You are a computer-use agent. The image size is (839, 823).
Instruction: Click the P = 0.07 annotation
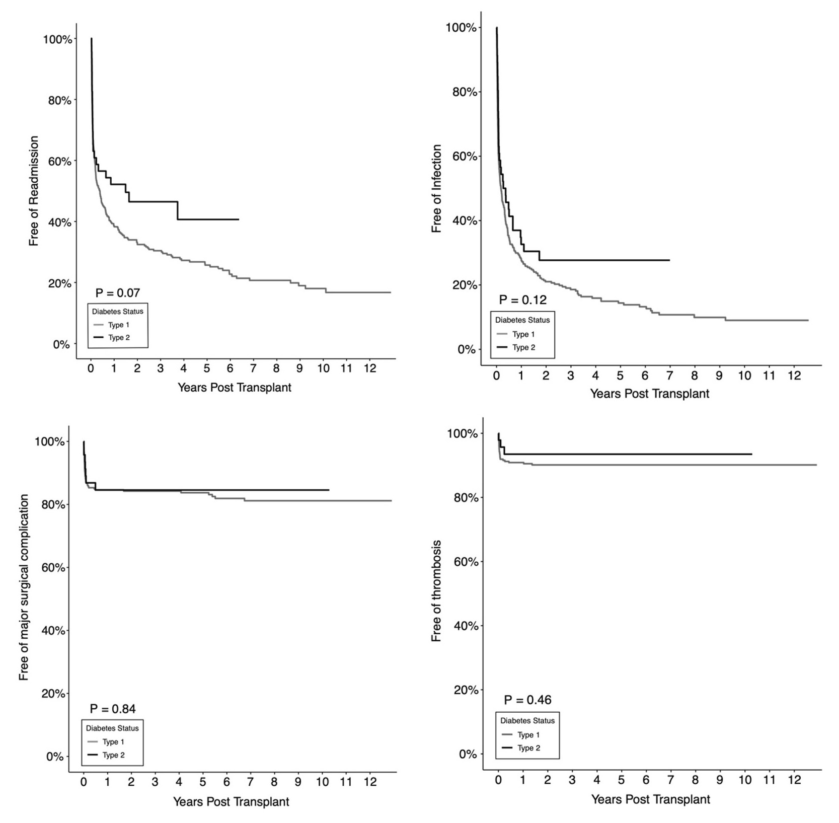[118, 293]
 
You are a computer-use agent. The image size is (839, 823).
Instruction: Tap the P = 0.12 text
[522, 300]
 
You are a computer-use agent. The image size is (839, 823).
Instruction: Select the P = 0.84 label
[113, 709]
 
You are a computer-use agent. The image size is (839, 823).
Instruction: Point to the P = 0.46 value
[527, 700]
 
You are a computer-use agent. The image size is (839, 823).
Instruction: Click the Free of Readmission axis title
[34, 191]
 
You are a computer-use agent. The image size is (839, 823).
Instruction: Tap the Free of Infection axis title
[436, 189]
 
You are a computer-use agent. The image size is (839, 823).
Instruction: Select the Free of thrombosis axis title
[436, 591]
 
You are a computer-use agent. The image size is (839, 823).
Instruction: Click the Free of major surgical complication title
[24, 587]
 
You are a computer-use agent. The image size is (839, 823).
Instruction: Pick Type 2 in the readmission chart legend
[119, 338]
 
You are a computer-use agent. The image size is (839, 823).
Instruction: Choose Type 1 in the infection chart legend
[523, 334]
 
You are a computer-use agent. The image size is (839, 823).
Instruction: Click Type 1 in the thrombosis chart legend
[528, 735]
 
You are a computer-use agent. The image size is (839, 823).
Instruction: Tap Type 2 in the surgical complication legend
[113, 755]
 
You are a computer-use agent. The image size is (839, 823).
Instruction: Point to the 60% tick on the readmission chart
[59, 161]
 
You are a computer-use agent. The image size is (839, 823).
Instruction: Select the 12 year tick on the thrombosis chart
[794, 780]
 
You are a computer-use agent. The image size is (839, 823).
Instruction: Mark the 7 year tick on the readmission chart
[253, 368]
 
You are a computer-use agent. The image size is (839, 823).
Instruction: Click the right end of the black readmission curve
[239, 219]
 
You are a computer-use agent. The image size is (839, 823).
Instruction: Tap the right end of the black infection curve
[669, 260]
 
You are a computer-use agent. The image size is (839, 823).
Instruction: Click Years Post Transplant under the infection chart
[649, 394]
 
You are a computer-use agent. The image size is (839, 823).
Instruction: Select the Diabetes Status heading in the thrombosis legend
[527, 721]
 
